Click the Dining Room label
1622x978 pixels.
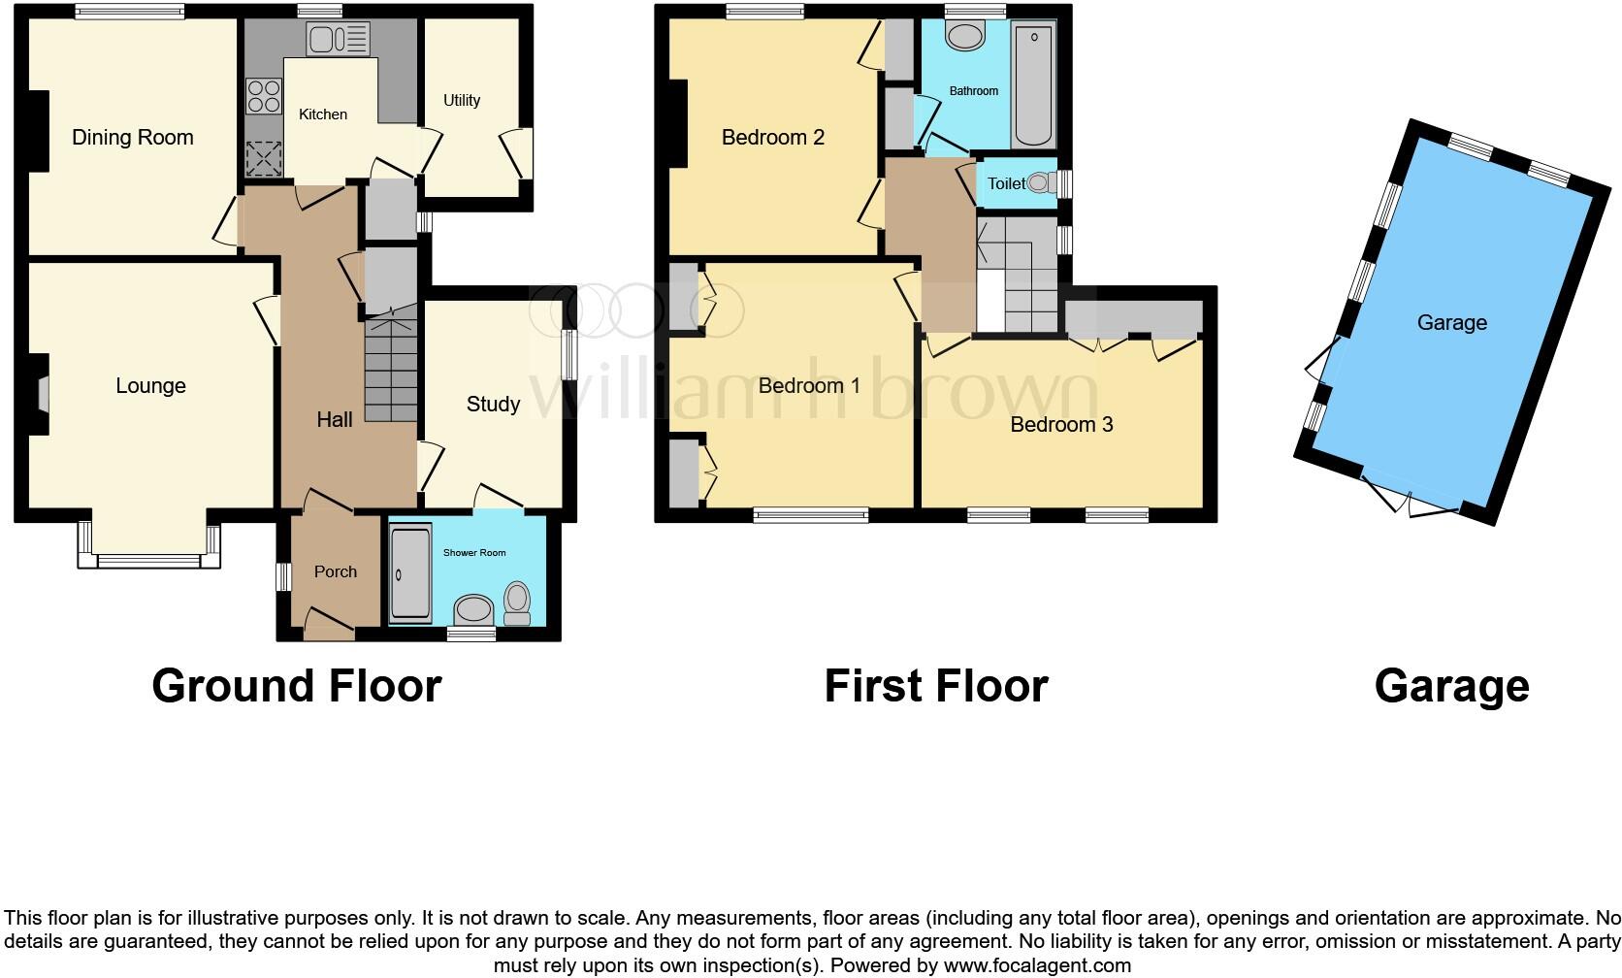(x=133, y=138)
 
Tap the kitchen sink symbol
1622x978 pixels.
(x=338, y=40)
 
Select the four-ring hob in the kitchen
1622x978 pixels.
(x=264, y=96)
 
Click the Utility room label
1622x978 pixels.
(x=462, y=100)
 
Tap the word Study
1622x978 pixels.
(x=493, y=405)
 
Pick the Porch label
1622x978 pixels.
(x=336, y=571)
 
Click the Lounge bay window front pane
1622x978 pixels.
(x=149, y=561)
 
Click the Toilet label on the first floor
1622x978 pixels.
(x=1006, y=183)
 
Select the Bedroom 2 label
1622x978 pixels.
(x=772, y=138)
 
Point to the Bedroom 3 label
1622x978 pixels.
(x=1061, y=425)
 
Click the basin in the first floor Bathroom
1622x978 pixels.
(x=965, y=38)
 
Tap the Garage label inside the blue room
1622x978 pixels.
(x=1451, y=323)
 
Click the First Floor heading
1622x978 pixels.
(x=936, y=686)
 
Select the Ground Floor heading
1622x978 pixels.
(x=297, y=686)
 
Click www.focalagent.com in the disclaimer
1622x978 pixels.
(x=1036, y=965)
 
